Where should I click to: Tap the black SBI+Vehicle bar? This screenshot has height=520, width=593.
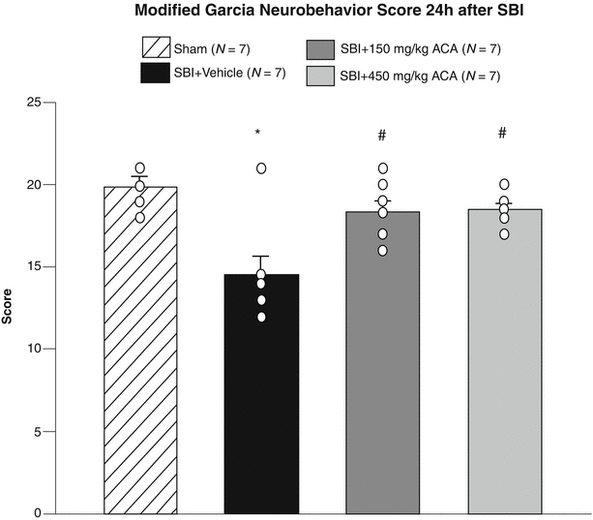point(261,397)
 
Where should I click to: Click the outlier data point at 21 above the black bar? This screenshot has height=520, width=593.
point(261,168)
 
